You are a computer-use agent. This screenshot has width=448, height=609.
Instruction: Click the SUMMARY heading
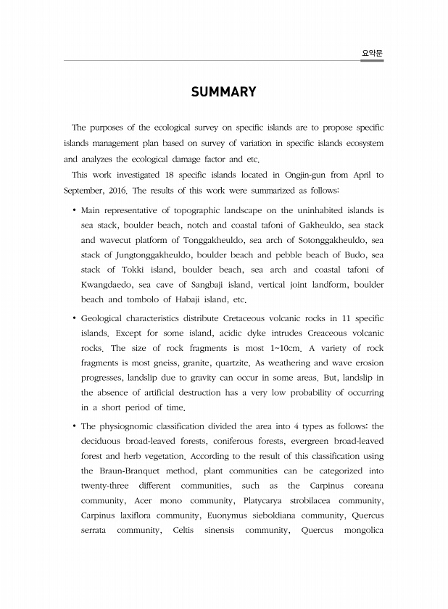223,92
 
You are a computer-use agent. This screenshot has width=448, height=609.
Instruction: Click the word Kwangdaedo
105,285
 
